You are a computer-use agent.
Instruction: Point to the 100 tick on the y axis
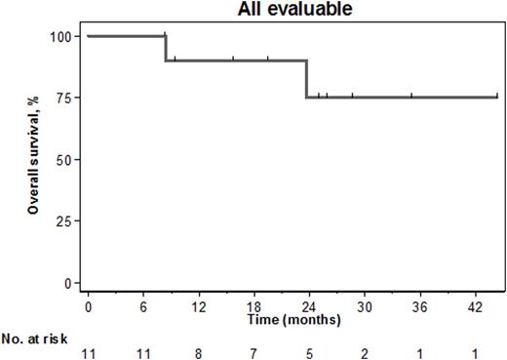tap(61, 36)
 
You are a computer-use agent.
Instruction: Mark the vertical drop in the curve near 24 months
tap(307, 79)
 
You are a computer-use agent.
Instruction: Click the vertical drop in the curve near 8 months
tap(166, 49)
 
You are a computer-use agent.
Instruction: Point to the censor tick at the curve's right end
tap(496, 96)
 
